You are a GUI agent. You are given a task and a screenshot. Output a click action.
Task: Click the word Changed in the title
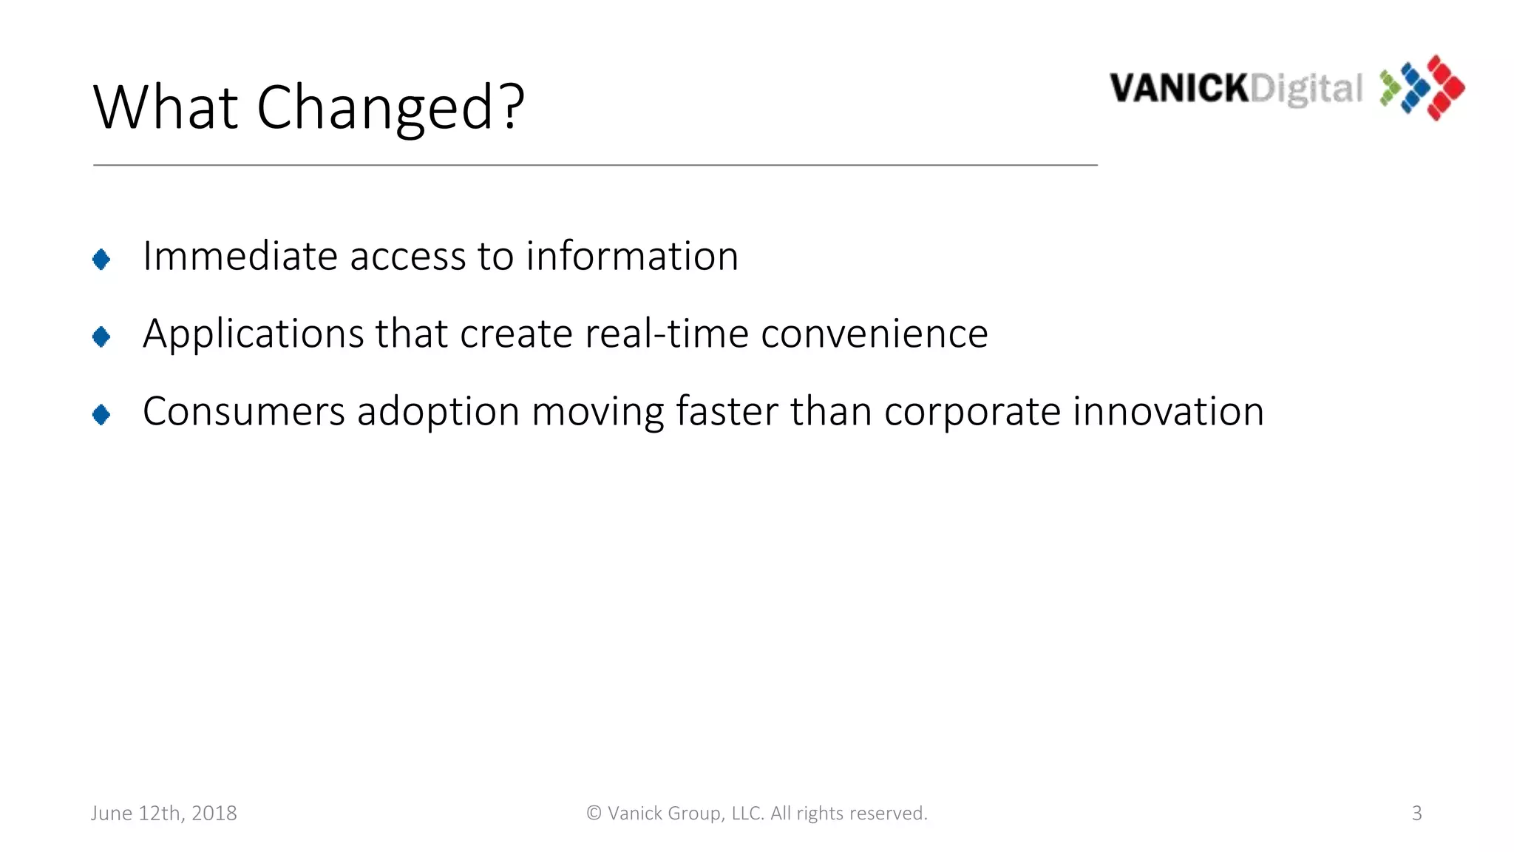tap(390, 108)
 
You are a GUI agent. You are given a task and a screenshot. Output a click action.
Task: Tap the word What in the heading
tap(166, 108)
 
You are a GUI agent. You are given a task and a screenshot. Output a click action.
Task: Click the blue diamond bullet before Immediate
tap(101, 260)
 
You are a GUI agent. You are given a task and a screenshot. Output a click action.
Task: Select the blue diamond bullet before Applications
tap(101, 337)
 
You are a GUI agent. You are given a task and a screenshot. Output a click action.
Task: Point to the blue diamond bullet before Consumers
tap(101, 415)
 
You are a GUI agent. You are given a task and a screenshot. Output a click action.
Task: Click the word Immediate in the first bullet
tap(240, 257)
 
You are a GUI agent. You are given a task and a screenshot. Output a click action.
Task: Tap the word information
tap(632, 257)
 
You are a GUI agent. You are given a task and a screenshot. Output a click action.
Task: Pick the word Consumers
tap(243, 412)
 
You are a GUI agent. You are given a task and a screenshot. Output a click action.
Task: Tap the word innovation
tap(1168, 412)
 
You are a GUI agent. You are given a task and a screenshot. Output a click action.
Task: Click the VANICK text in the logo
tap(1178, 89)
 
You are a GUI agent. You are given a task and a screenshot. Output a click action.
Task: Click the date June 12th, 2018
tap(164, 814)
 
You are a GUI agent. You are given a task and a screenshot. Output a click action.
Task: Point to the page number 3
tap(1416, 814)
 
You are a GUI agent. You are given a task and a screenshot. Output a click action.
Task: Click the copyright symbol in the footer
tap(594, 814)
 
